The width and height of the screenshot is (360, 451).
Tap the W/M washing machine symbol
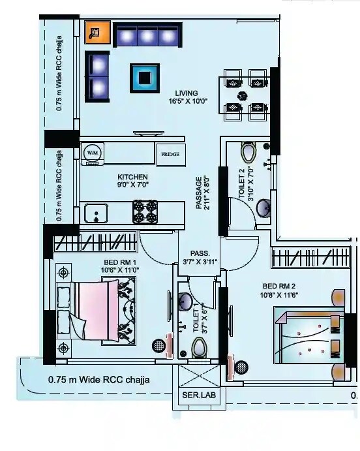pos(91,153)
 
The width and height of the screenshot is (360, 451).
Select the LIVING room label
pos(186,93)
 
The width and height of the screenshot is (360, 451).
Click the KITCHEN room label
pos(132,177)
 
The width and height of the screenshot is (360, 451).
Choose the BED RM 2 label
pos(280,286)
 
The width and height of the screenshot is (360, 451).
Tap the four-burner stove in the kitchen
pos(145,212)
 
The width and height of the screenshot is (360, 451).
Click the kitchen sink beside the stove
pos(97,212)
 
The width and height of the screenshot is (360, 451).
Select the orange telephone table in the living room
pos(93,31)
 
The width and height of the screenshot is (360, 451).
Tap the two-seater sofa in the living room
pos(98,76)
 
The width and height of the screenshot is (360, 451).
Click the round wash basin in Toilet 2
pos(265,208)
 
